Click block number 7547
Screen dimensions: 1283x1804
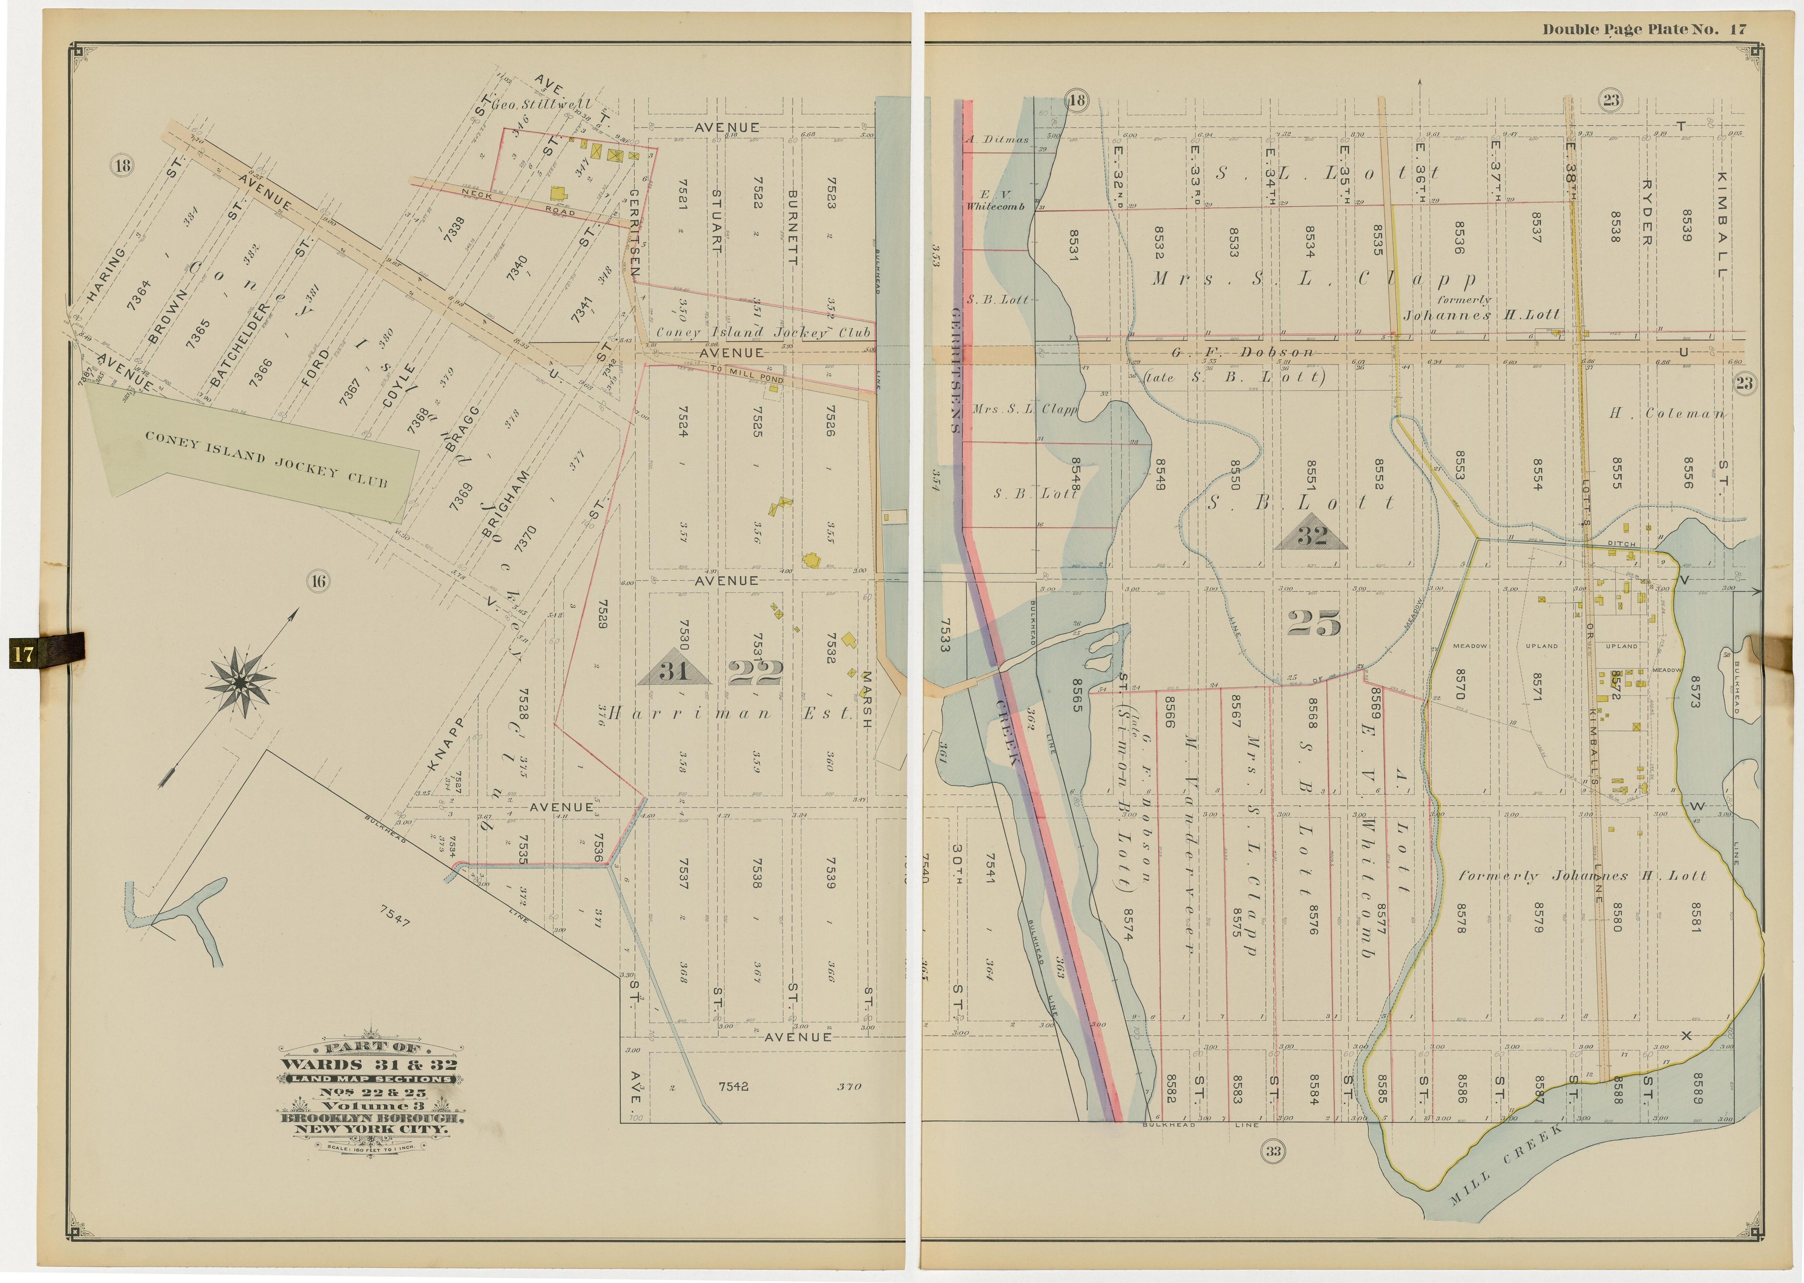[x=395, y=916]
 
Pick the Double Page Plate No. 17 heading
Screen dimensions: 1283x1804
[x=1644, y=29]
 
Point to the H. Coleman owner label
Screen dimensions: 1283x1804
[x=1666, y=413]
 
